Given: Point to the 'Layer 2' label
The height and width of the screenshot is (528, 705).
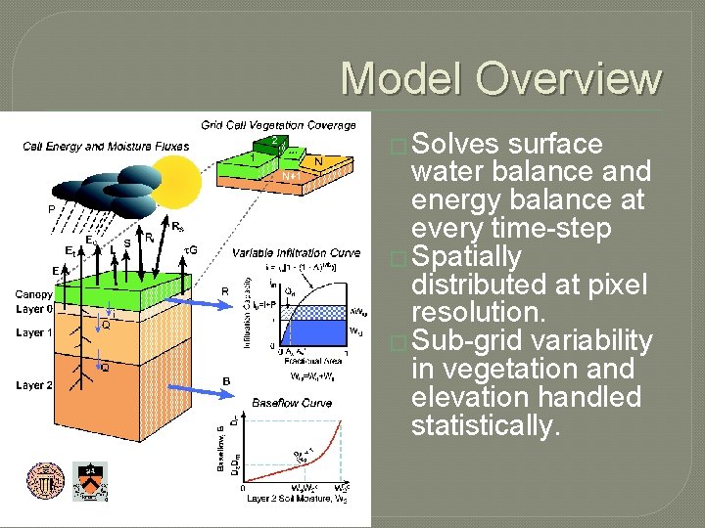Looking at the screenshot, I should click(34, 385).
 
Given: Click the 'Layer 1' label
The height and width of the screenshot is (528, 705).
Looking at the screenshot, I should click(34, 333).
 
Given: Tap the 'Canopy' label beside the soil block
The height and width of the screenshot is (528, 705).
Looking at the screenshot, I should click(33, 294).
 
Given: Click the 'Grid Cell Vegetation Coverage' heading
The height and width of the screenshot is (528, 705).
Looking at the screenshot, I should click(278, 125).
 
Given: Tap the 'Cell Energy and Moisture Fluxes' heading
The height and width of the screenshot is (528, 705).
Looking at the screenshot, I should click(106, 147).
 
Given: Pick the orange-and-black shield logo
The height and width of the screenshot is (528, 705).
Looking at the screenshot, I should click(91, 482).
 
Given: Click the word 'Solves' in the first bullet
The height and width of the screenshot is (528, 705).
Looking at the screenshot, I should click(456, 145).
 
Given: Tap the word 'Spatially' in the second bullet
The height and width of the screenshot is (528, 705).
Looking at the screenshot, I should click(467, 258).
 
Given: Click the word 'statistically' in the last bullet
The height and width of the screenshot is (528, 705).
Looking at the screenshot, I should click(486, 426).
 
